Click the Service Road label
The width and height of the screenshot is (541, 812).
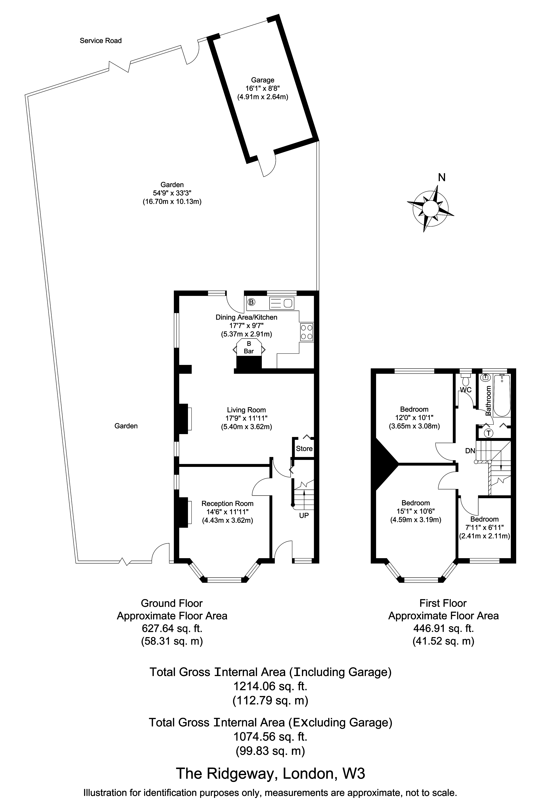tap(101, 41)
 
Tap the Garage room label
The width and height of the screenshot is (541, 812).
tap(263, 80)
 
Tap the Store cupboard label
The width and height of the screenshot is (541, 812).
tap(304, 448)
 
